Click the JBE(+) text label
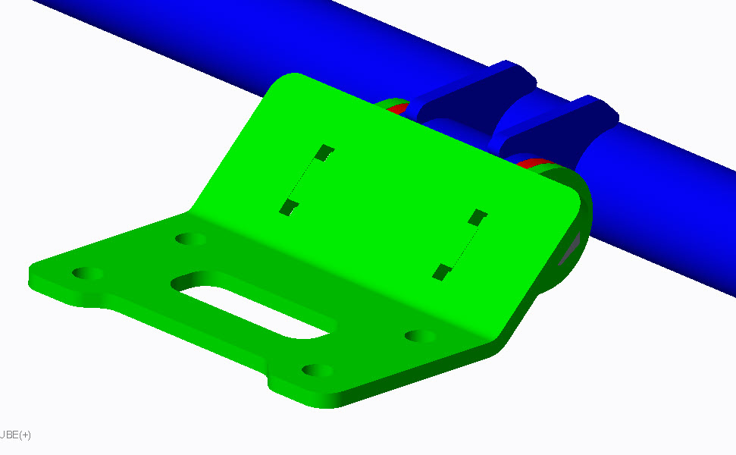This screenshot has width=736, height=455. (15, 435)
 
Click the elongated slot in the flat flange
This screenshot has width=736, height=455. (253, 304)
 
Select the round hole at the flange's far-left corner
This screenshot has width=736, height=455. (87, 273)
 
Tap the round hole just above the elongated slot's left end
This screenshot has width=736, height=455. (190, 239)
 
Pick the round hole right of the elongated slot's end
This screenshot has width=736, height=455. (420, 336)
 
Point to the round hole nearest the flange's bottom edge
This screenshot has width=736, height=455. (318, 370)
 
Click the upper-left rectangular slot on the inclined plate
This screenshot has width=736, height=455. (324, 152)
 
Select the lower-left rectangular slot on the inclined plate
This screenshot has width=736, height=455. (289, 207)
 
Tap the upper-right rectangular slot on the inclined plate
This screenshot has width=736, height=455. (478, 218)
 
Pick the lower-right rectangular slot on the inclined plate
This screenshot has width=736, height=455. (442, 272)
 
